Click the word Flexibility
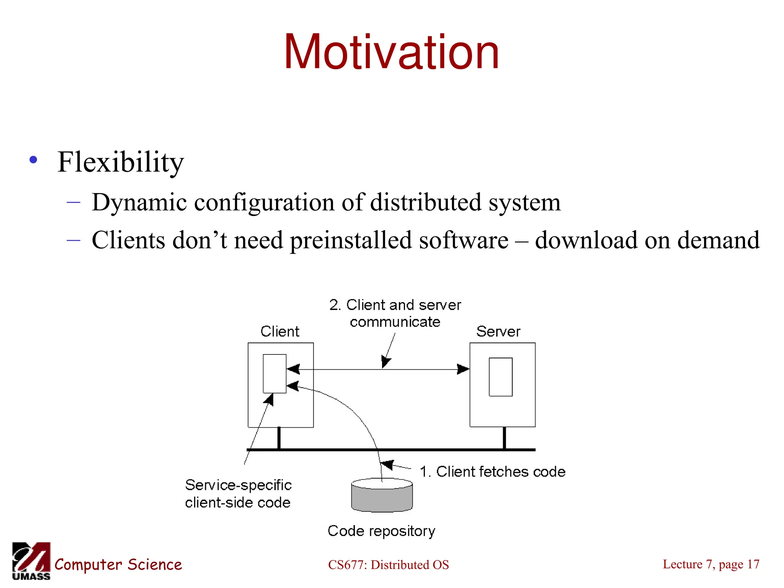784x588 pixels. pos(121,162)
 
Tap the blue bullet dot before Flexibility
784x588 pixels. pos(34,160)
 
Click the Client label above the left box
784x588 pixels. pos(280,332)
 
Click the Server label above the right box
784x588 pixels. pos(498,332)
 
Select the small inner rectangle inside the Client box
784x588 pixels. pos(274,374)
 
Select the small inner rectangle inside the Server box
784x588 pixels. pos(500,377)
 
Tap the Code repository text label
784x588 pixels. pos(381,531)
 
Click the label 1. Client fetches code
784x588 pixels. pos(492,472)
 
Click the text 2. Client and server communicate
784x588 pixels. pos(395,313)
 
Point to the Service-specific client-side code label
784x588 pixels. pos(238,494)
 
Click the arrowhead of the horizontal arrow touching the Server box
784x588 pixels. pos(464,369)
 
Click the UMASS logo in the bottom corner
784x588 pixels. pos(31,561)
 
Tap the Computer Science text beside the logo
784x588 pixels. pos(118,565)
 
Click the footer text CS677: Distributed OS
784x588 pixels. pos(388,565)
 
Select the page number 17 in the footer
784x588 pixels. pos(753,564)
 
